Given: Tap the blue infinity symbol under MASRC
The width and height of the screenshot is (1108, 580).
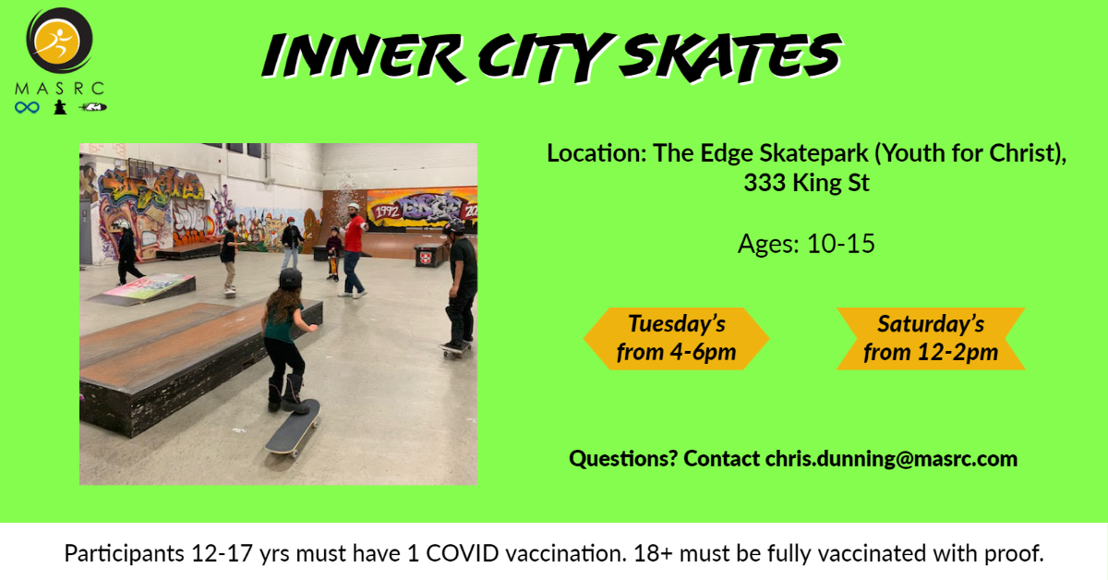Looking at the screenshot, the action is coord(27,107).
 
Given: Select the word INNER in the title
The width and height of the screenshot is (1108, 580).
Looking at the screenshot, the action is coord(364,56).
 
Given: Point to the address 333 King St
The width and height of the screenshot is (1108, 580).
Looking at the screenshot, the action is coord(806,183).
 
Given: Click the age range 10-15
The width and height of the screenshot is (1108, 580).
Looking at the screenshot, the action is coord(841,244).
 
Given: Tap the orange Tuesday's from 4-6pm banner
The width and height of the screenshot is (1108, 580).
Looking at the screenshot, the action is coord(676,339).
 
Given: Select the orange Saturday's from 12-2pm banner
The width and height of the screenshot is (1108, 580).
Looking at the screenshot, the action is coord(931,339).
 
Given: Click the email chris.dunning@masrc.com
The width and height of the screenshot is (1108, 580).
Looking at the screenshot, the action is coord(891,459).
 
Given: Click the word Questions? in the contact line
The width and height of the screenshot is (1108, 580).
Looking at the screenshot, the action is coord(622,459).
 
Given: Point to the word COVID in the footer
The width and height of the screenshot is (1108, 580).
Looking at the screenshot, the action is coord(463,553).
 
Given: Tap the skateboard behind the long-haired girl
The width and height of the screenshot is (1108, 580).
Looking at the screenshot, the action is coord(293,427).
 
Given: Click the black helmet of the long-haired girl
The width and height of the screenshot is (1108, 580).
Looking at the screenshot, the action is coord(290,280).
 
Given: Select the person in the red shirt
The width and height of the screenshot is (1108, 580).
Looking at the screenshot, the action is coord(353,250).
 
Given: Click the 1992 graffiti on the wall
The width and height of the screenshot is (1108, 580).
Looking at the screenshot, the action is coord(386,211).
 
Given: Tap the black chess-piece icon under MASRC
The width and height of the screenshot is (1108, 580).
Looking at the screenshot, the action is coord(60,107).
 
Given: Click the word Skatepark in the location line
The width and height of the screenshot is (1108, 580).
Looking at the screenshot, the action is coord(813,153).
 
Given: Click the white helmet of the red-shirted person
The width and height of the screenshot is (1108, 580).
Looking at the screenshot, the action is coord(353,206).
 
